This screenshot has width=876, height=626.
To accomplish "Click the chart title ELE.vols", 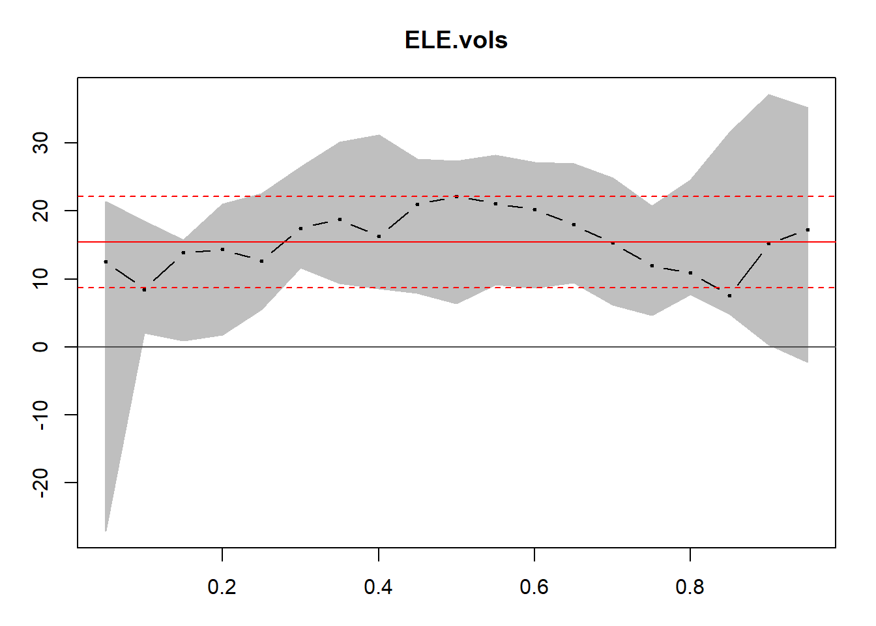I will point(456,40).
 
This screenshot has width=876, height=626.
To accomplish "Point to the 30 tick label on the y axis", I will point(41,143).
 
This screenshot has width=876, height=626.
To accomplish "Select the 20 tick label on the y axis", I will point(41,211).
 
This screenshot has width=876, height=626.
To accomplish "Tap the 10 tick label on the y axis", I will point(41,279).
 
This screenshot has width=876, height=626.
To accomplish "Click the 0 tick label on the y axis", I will point(41,347).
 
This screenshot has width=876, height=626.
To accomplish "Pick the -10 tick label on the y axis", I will point(41,415).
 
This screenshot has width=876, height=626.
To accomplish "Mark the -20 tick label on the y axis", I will point(41,483).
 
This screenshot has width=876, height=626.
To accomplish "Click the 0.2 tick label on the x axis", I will point(222,588).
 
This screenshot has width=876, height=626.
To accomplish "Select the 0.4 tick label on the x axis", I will point(378,588).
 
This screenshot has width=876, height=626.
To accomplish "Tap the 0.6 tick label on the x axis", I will point(534,588).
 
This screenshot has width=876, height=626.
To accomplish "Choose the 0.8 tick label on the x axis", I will point(690,588).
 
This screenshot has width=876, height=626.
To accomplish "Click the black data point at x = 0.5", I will point(456,196).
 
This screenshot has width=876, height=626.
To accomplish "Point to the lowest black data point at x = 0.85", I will point(729,295).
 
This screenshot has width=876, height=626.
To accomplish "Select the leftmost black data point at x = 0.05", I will point(106,261).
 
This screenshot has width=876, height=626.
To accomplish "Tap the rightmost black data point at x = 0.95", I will point(808,230).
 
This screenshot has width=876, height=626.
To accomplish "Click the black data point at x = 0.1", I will point(144,290).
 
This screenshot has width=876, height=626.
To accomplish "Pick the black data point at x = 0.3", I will point(300,228).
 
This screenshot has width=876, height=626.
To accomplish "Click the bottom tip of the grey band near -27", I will point(106,531).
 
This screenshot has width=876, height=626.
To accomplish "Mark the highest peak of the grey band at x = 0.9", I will point(769,95).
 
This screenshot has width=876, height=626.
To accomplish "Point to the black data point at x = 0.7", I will point(613,243).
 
